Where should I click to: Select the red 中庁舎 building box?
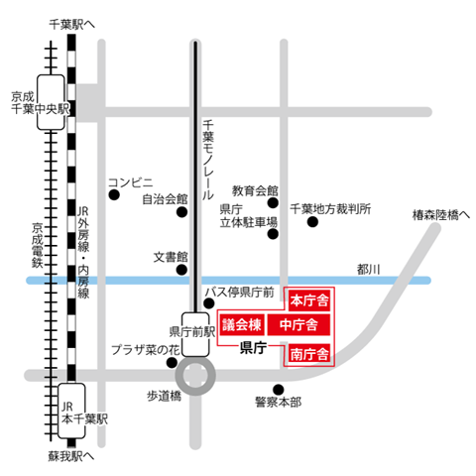[298, 325]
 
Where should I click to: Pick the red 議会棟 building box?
[241, 325]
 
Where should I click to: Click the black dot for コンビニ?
[114, 195]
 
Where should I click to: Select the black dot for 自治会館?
[181, 211]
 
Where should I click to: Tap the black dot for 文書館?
[181, 269]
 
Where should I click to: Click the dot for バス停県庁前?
[208, 303]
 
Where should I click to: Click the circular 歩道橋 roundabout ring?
[194, 376]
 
